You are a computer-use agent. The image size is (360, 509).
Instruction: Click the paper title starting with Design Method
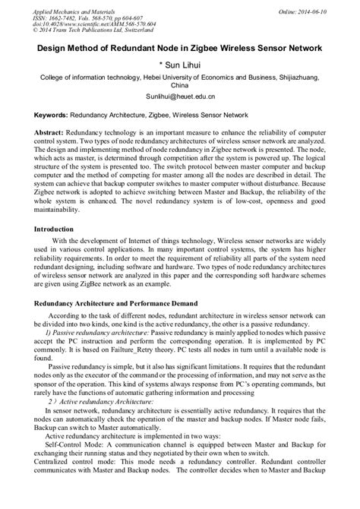click(180, 47)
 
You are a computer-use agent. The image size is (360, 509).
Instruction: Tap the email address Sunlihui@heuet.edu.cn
click(180, 98)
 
